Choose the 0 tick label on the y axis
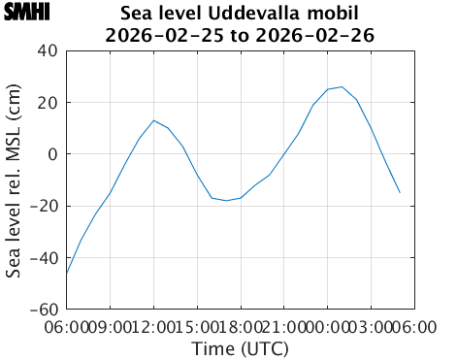click(54, 154)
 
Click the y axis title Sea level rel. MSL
click(15, 180)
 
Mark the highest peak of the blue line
click(342, 86)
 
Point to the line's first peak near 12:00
click(153, 120)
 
